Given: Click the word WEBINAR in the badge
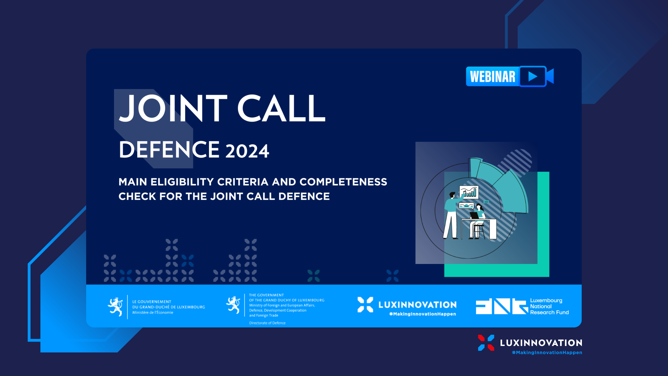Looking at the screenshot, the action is [493, 77].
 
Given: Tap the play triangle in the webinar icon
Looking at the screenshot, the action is [533, 77].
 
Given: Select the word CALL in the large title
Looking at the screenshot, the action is [281, 108].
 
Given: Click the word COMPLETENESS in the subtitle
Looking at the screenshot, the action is [343, 182].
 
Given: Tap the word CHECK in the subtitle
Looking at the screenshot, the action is [137, 196].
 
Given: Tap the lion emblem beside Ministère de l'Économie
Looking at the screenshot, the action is [115, 307].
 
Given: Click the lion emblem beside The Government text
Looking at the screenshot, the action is [233, 305].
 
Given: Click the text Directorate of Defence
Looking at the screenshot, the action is [267, 323].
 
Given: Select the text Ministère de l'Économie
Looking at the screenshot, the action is [153, 313].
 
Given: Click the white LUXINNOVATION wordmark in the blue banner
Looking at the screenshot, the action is [417, 305].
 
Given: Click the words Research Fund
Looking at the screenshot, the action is [549, 313].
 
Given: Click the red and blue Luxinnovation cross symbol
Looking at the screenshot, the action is [486, 343].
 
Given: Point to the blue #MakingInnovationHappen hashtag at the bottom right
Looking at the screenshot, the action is [547, 352].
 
